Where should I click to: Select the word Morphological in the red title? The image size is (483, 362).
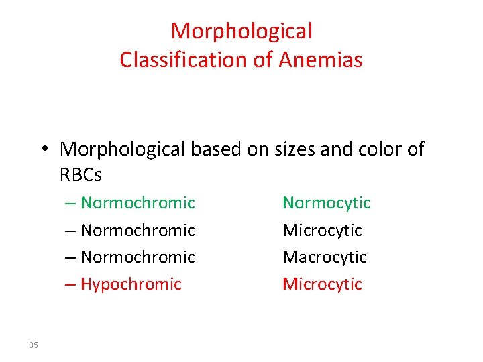tap(241, 31)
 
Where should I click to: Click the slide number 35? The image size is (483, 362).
tap(34, 345)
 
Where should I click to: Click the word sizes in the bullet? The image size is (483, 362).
tap(294, 149)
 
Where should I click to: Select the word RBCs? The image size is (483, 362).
tap(80, 176)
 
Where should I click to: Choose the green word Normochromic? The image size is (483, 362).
tap(138, 202)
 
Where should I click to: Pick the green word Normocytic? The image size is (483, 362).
tap(326, 202)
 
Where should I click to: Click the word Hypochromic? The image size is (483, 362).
tap(131, 284)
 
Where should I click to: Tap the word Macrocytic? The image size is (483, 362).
tap(325, 257)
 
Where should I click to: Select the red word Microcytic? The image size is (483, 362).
tap(322, 284)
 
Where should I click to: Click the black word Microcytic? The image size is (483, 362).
tap(322, 230)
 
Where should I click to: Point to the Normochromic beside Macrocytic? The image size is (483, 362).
tap(138, 257)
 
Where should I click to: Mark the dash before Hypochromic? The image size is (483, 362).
tap(70, 284)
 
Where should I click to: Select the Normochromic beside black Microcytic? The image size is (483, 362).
tap(138, 230)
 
